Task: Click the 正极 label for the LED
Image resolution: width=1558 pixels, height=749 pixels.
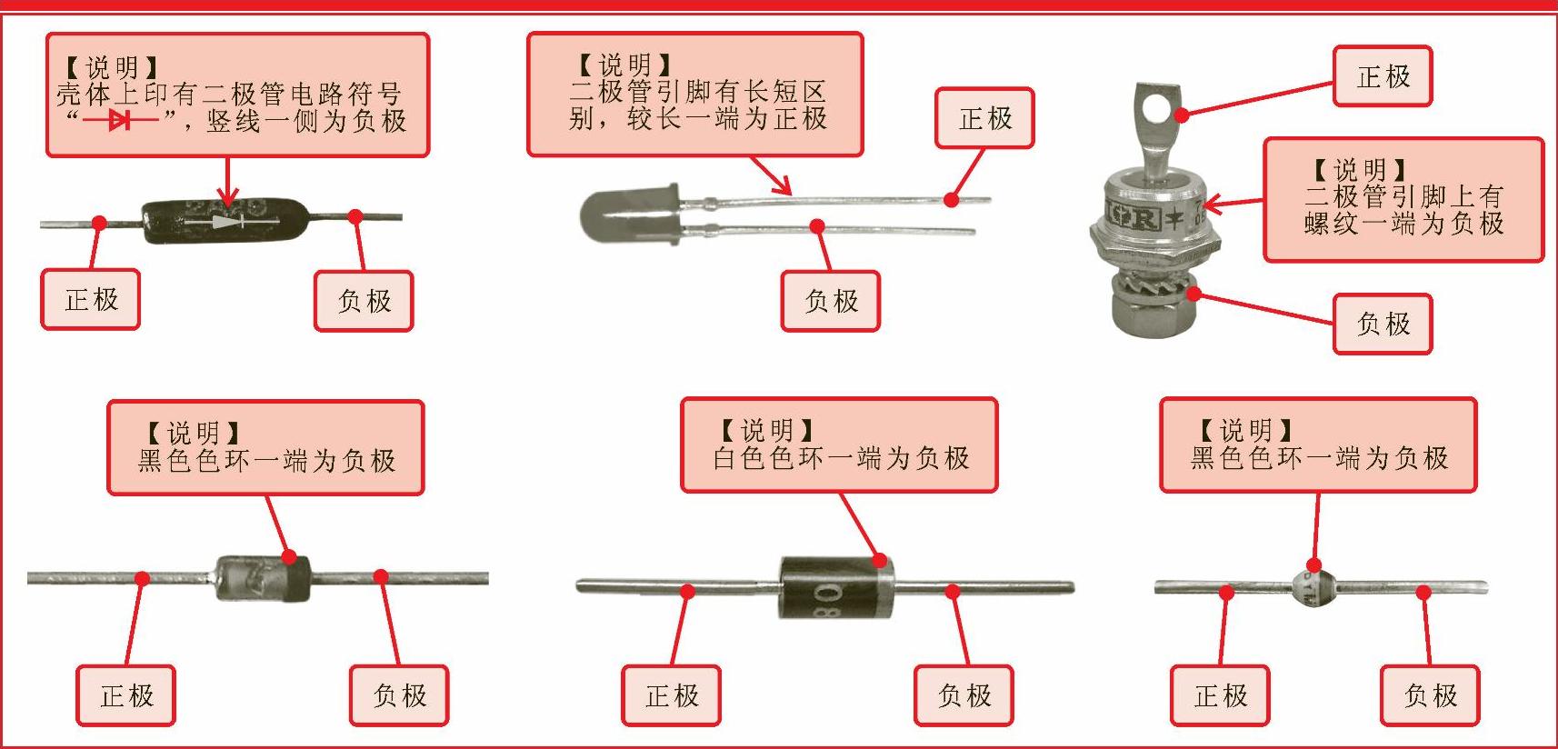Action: pos(984,118)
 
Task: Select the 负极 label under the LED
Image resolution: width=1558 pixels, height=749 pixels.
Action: pos(831,301)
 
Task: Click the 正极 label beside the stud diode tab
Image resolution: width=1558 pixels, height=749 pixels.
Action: pos(1383,76)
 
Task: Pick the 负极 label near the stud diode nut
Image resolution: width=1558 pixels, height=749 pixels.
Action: pos(1383,324)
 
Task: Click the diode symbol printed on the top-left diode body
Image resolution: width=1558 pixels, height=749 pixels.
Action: pos(228,221)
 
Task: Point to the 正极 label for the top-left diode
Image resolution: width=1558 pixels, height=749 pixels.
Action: pos(91,300)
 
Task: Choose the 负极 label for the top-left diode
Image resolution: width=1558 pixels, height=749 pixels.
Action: pos(364,301)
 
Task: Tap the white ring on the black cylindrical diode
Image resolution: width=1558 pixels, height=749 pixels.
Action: pos(882,587)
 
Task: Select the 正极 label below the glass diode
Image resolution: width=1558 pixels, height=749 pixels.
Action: pos(126,696)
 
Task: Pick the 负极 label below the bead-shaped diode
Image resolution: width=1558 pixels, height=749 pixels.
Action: pos(1430,696)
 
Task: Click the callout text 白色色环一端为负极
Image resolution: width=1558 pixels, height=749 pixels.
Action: pos(841,458)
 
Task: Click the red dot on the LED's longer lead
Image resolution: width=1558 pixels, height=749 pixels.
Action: pos(951,199)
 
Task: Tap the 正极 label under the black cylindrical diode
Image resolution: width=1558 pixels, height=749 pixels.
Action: pos(672,696)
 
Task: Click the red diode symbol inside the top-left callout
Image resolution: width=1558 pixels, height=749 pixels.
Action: pos(119,120)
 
